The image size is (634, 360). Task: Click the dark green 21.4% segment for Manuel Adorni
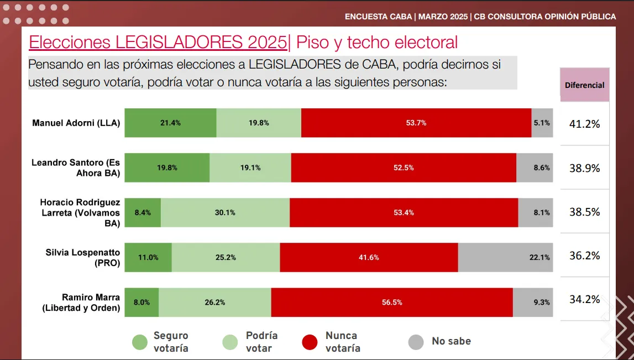170,123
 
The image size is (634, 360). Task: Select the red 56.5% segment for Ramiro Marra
392,302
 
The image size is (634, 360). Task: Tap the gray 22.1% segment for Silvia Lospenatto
505,257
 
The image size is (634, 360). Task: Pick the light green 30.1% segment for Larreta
225,212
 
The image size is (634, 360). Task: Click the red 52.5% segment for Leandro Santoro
404,168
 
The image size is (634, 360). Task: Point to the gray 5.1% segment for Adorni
542,123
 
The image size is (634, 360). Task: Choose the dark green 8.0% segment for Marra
142,302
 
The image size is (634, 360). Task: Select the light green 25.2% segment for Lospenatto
226,257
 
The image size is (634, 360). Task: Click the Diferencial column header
584,85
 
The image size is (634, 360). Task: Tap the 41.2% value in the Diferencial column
584,124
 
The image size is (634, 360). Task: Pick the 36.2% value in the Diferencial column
584,256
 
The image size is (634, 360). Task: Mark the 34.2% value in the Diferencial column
584,300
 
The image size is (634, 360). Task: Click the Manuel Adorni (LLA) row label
76,123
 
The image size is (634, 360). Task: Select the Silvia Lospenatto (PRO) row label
82,258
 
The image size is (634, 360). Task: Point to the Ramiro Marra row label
81,302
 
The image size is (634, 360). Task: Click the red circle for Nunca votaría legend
310,342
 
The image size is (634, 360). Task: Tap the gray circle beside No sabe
416,342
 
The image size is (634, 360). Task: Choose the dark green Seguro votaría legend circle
140,342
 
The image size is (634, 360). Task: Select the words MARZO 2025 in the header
442,17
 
